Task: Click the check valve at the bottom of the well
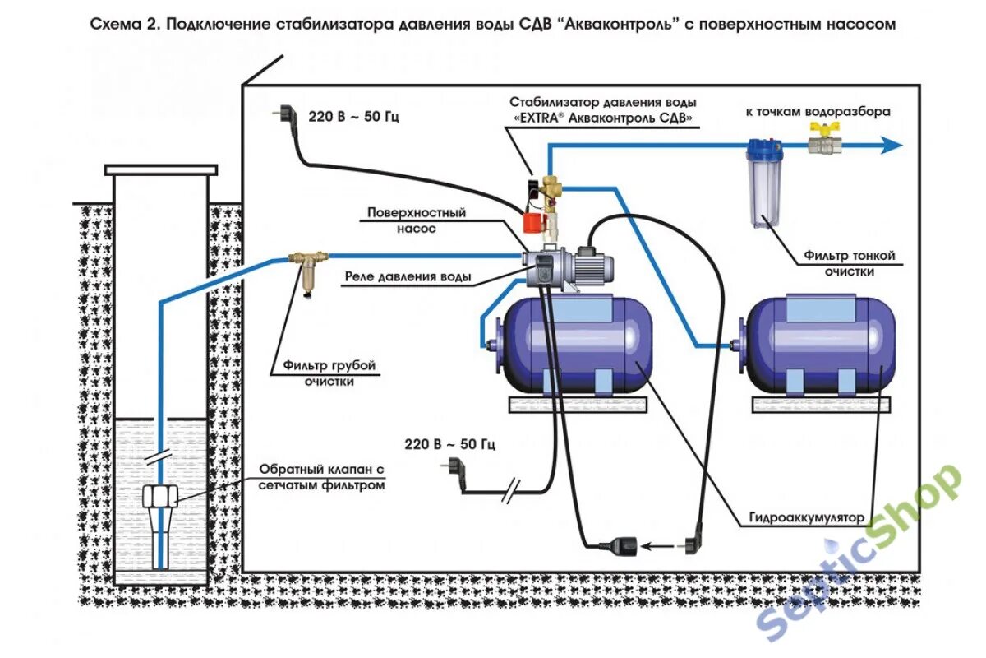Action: [x=161, y=499]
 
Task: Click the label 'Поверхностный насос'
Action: [x=416, y=220]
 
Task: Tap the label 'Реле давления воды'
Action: [x=408, y=277]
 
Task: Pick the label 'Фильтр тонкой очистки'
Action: [x=850, y=263]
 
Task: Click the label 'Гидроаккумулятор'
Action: [x=807, y=518]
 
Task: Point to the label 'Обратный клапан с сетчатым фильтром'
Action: [x=322, y=477]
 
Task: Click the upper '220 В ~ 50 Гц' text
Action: [x=353, y=118]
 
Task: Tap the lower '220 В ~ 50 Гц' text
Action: [x=449, y=445]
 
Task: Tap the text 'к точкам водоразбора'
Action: [x=817, y=111]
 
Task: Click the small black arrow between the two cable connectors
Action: [x=655, y=544]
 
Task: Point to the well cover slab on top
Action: [x=161, y=169]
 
